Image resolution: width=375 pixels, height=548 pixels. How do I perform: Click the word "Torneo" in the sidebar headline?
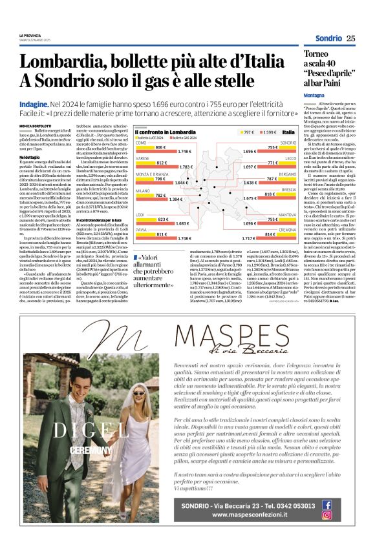pyautogui.click(x=320, y=55)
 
